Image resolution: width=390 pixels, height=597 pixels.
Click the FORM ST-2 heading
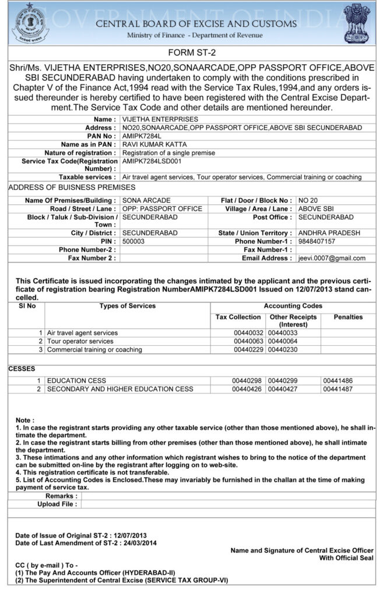coord(195,52)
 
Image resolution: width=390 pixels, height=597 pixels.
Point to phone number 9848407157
coord(317,241)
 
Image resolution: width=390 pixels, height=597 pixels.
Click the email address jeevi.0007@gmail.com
coord(332,258)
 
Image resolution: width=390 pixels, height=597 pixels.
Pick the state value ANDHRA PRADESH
coord(329,233)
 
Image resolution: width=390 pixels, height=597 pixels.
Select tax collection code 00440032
coord(248,333)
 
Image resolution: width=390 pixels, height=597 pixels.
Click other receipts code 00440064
coord(283,341)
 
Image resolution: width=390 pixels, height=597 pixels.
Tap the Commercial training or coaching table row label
coord(94,350)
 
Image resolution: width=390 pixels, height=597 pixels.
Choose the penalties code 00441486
coord(338,381)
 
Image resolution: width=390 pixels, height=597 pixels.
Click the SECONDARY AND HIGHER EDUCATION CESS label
coord(120,389)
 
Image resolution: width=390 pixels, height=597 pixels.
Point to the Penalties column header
coord(348,317)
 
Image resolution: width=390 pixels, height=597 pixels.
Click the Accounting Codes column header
coord(293,306)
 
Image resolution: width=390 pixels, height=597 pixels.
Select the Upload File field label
coord(57,504)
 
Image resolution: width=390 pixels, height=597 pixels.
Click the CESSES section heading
coord(22,368)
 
